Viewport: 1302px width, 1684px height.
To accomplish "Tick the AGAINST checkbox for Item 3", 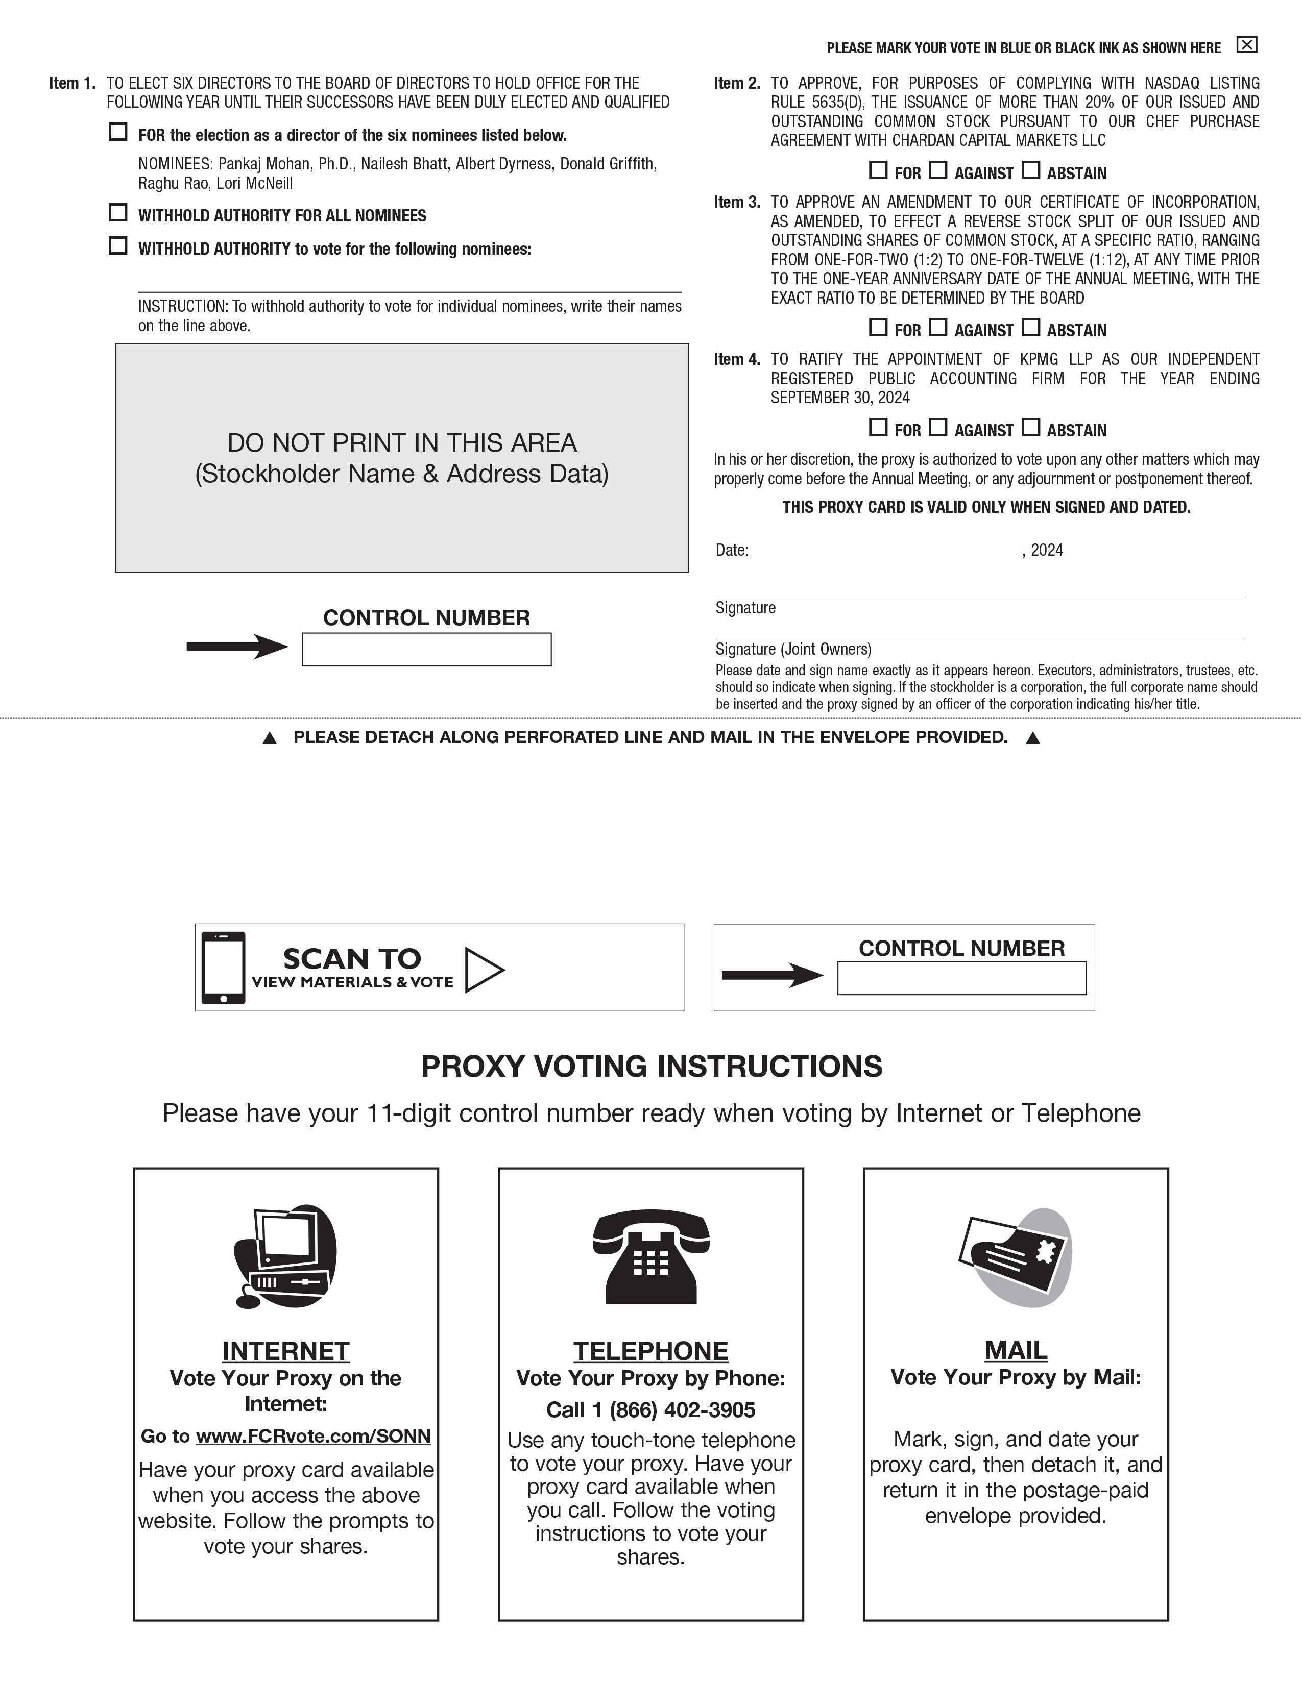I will (x=938, y=327).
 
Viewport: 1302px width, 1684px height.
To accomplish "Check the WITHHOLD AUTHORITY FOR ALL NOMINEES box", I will (x=118, y=212).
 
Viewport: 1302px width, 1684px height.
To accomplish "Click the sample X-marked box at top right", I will (x=1246, y=45).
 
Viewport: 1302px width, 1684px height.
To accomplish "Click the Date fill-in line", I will (x=885, y=551).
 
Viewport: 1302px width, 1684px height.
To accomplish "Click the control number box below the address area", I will (x=426, y=649).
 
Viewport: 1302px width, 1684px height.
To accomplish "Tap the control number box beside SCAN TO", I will (x=962, y=978).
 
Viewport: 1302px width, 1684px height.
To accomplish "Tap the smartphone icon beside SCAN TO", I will (x=224, y=968).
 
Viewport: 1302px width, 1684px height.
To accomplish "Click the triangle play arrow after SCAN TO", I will (x=484, y=969).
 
